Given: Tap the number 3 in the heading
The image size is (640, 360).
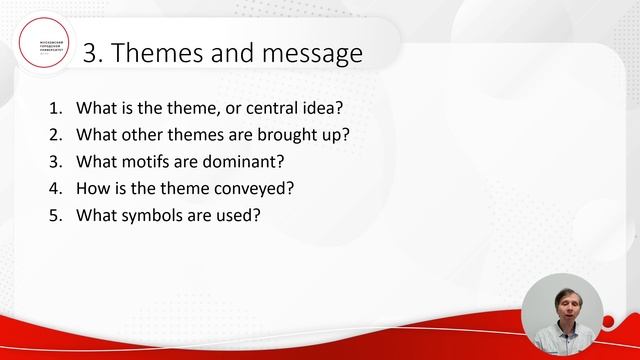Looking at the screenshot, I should click(x=89, y=53).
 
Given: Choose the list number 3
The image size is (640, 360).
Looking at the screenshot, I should click(x=53, y=160).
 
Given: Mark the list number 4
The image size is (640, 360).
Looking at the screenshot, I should click(x=53, y=187).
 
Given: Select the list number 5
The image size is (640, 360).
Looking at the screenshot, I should click(x=53, y=214).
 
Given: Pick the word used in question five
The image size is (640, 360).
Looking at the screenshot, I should click(x=240, y=214).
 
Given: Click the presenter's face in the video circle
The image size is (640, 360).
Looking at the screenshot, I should click(x=566, y=305).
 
